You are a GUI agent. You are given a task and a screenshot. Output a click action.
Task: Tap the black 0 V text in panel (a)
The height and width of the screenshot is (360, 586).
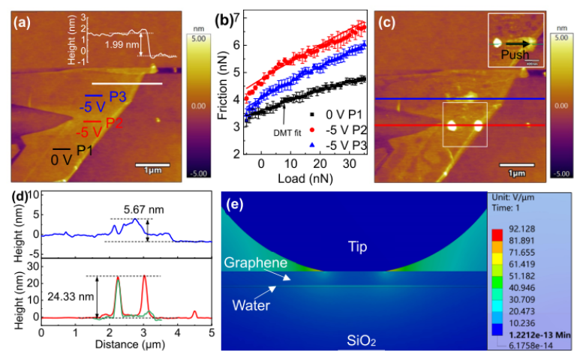63,159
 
